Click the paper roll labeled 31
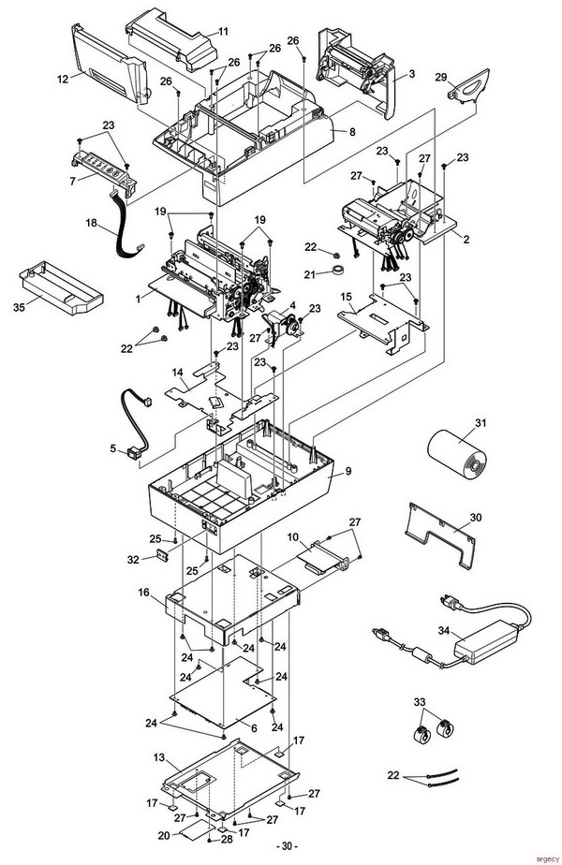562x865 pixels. coord(457,457)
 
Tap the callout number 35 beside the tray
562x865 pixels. coord(19,307)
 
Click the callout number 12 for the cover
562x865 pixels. coord(63,79)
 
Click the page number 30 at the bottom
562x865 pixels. coord(287,846)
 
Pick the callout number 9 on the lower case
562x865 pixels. coord(348,472)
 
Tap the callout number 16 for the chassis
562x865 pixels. coord(143,593)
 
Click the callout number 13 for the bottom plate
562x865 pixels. coord(159,757)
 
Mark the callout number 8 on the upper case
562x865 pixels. coord(352,132)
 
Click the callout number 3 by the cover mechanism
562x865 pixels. coord(411,74)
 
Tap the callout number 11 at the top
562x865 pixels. coord(223,32)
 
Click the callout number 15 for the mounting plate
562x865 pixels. coord(347,297)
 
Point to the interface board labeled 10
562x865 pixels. coord(325,560)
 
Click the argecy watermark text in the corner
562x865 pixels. coord(547,859)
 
